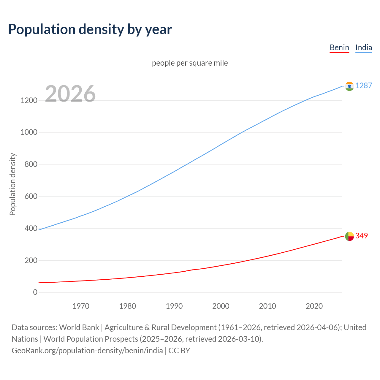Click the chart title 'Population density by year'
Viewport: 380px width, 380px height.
pyautogui.click(x=90, y=29)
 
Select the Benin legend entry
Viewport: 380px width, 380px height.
pyautogui.click(x=339, y=47)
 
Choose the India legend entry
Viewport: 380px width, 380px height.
pyautogui.click(x=364, y=47)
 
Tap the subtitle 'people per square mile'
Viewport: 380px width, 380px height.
pyautogui.click(x=190, y=63)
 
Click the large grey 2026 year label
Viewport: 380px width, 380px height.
pyautogui.click(x=70, y=94)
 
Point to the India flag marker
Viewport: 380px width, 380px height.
pyautogui.click(x=349, y=86)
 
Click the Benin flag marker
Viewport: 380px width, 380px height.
pyautogui.click(x=349, y=236)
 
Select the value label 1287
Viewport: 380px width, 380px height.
pyautogui.click(x=364, y=86)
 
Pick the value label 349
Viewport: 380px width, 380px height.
pyautogui.click(x=362, y=236)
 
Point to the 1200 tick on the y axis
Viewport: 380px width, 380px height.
pyautogui.click(x=29, y=100)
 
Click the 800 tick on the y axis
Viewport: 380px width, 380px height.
pyautogui.click(x=31, y=164)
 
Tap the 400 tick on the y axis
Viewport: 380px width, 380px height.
pyautogui.click(x=31, y=228)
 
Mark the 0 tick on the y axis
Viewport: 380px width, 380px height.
pyautogui.click(x=35, y=292)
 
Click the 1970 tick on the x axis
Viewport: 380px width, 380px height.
pyautogui.click(x=81, y=306)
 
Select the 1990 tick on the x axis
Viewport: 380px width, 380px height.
pyautogui.click(x=174, y=306)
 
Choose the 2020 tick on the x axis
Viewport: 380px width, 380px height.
pyautogui.click(x=314, y=306)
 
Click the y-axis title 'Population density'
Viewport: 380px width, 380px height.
pyautogui.click(x=12, y=184)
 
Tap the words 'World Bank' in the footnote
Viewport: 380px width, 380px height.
pyautogui.click(x=79, y=327)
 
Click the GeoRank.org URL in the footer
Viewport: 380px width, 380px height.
pyautogui.click(x=87, y=351)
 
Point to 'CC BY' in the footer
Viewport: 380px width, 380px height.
pyautogui.click(x=179, y=351)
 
